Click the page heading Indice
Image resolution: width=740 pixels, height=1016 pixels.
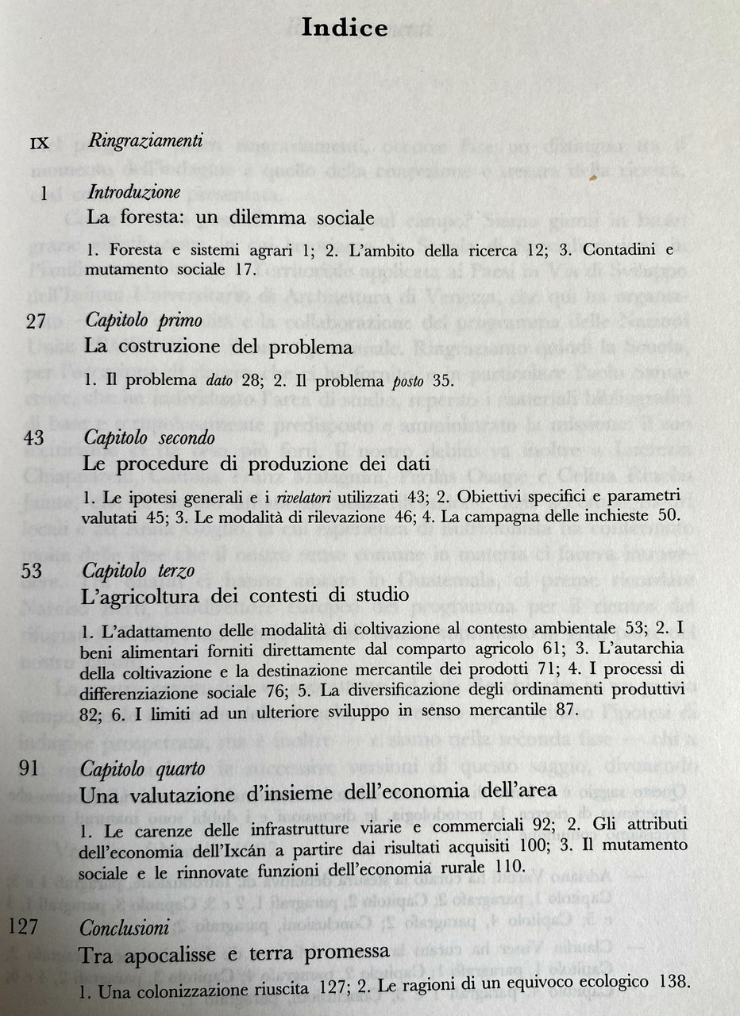point(344,29)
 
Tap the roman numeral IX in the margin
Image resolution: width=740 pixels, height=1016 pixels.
point(40,144)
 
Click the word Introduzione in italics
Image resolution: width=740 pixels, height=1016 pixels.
point(134,192)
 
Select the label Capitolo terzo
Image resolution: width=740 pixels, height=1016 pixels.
point(144,571)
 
